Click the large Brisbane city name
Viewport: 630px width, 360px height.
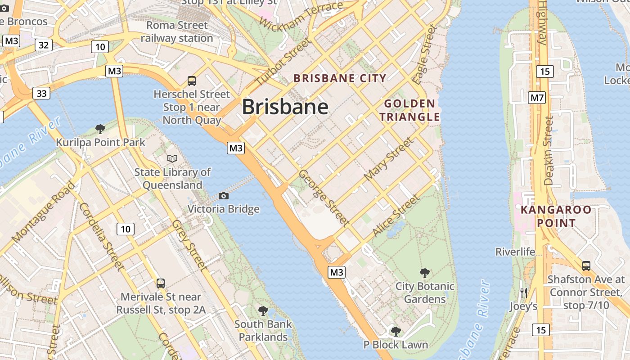tap(285, 107)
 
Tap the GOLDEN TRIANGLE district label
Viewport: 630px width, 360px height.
tap(409, 111)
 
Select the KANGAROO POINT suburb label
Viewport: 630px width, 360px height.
tap(556, 216)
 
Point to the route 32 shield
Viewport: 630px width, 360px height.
tap(44, 45)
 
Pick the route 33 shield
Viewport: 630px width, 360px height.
tap(41, 94)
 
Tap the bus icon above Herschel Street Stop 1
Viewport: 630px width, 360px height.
tap(192, 81)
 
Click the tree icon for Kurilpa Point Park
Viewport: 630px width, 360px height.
tap(100, 129)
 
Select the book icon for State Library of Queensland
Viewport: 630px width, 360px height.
tap(172, 158)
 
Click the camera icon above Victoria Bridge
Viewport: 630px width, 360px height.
tap(223, 196)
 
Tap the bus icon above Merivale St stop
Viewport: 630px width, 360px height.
tap(161, 283)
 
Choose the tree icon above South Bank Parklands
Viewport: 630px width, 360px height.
tap(263, 310)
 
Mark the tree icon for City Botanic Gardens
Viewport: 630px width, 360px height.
tap(424, 273)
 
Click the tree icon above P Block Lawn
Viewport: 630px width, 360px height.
tap(396, 332)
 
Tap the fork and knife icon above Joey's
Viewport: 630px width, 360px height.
tap(523, 293)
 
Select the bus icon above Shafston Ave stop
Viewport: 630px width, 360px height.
tap(586, 265)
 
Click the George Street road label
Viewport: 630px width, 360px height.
tap(324, 198)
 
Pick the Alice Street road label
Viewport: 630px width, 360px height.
tap(396, 216)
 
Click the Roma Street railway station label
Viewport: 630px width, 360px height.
tap(177, 31)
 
